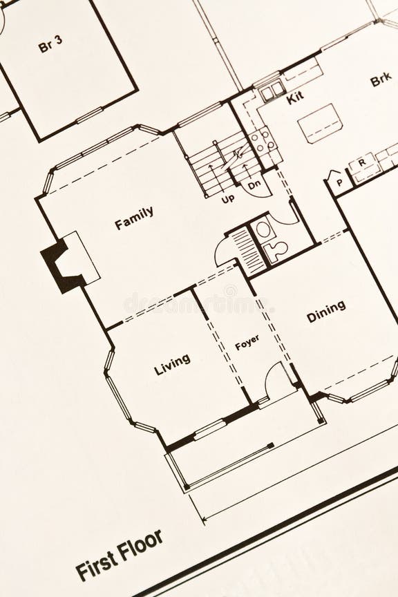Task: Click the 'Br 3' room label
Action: click(x=50, y=46)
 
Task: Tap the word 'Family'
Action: click(x=134, y=218)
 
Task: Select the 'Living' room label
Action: click(x=172, y=364)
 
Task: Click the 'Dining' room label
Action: click(x=326, y=311)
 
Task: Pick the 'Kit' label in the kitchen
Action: click(x=295, y=97)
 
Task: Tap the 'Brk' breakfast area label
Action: click(x=381, y=80)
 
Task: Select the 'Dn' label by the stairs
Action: click(x=254, y=184)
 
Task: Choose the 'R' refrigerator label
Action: click(x=361, y=163)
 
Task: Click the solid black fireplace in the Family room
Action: click(x=61, y=265)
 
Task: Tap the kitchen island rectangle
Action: click(x=320, y=123)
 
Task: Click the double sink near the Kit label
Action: click(x=272, y=89)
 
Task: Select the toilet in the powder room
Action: click(x=278, y=249)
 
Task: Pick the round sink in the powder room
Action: click(x=263, y=229)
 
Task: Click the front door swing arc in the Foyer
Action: click(x=278, y=379)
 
